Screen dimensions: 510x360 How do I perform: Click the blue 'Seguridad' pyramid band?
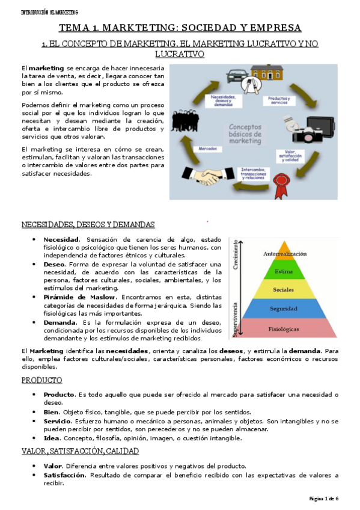pyautogui.click(x=284, y=309)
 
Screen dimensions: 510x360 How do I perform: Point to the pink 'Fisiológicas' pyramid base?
pyautogui.click(x=284, y=328)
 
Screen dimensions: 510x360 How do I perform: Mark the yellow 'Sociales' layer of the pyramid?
pyautogui.click(x=284, y=290)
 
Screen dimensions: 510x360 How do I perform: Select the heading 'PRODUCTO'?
pyautogui.click(x=41, y=381)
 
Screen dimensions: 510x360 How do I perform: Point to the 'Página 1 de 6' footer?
pyautogui.click(x=324, y=499)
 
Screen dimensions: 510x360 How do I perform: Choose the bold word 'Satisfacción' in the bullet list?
pyautogui.click(x=64, y=475)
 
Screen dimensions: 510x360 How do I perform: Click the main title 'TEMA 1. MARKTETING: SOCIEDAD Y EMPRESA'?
pyautogui.click(x=180, y=28)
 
